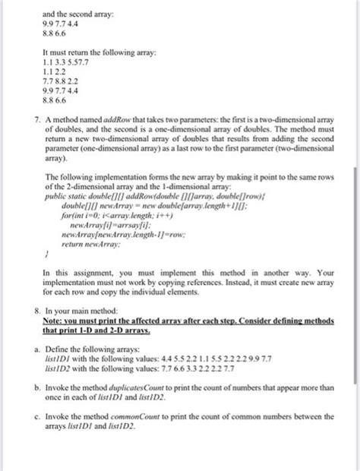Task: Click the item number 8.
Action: tap(28, 332)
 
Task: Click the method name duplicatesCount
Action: tap(133, 408)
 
